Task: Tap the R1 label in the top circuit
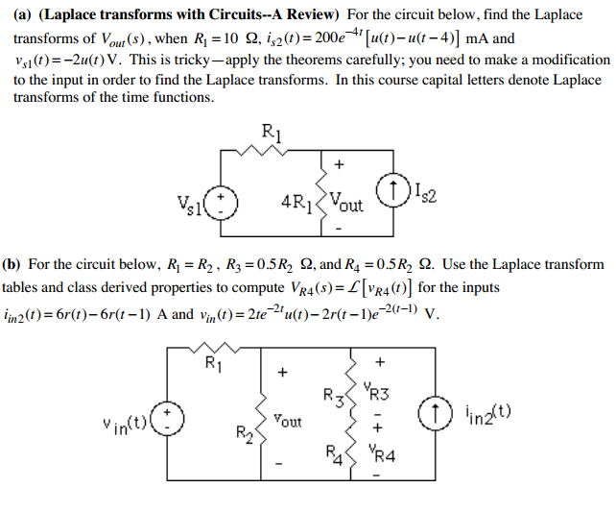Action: pyautogui.click(x=272, y=132)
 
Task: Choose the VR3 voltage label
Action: pyautogui.click(x=379, y=392)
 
